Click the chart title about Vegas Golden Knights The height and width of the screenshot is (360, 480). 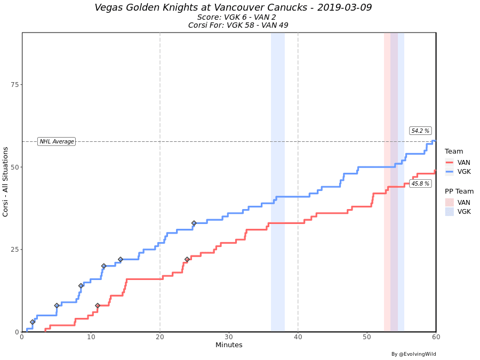233,7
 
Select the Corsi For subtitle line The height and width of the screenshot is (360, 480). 238,25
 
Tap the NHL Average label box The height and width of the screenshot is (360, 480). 57,141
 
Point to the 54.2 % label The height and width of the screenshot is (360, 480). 420,131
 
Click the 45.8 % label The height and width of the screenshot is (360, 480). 420,183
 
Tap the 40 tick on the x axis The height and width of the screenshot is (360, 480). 298,337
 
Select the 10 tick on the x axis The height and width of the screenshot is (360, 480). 91,337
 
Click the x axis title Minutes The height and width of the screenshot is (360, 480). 229,345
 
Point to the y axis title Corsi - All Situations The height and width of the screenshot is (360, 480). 6,182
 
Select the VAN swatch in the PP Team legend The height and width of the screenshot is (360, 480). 450,203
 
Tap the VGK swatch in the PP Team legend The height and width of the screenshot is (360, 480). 450,212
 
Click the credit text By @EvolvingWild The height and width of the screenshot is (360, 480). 413,354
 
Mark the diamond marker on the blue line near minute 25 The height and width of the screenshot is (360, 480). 194,223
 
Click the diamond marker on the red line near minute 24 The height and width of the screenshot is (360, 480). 187,260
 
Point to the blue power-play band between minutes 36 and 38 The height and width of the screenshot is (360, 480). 278,181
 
